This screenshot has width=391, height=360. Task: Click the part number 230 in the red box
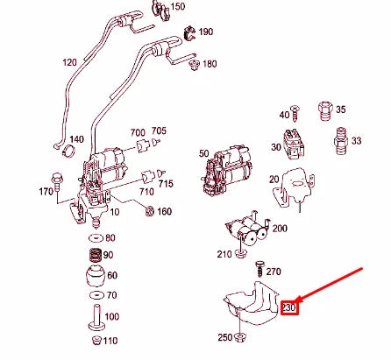(290, 307)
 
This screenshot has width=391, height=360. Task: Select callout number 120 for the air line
(70, 63)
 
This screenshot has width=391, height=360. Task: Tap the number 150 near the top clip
(178, 7)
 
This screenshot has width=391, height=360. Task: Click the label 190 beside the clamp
(206, 32)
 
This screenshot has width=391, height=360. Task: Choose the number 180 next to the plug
(209, 64)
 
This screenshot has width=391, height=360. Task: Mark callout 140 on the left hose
(76, 139)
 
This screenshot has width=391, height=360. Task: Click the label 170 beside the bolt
(46, 190)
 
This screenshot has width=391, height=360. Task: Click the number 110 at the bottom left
(110, 340)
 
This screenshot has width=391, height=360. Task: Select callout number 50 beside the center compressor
(204, 153)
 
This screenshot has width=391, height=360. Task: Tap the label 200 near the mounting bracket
(280, 228)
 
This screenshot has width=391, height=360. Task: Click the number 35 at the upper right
(340, 109)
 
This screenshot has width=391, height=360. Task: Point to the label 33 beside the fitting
(357, 140)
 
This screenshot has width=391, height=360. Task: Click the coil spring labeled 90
(92, 257)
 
